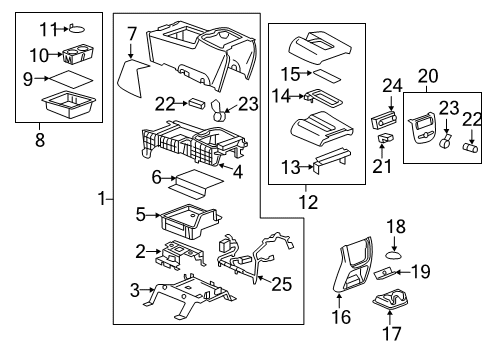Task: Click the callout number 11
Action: (x=48, y=29)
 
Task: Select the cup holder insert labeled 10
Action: (x=78, y=55)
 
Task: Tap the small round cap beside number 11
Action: (x=77, y=29)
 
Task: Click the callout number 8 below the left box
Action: (x=40, y=139)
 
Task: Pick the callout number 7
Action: (x=132, y=34)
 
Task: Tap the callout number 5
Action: (x=141, y=214)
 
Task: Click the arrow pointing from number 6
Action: (x=169, y=178)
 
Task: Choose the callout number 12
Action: (x=308, y=202)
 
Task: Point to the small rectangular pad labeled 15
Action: (x=327, y=75)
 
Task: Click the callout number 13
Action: (x=291, y=167)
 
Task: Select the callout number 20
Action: (x=428, y=76)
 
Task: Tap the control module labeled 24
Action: (x=386, y=120)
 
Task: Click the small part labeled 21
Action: (x=385, y=137)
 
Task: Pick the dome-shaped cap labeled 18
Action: (x=394, y=255)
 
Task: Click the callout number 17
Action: (x=391, y=333)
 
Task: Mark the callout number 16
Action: (x=341, y=316)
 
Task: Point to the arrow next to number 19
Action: (x=402, y=272)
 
